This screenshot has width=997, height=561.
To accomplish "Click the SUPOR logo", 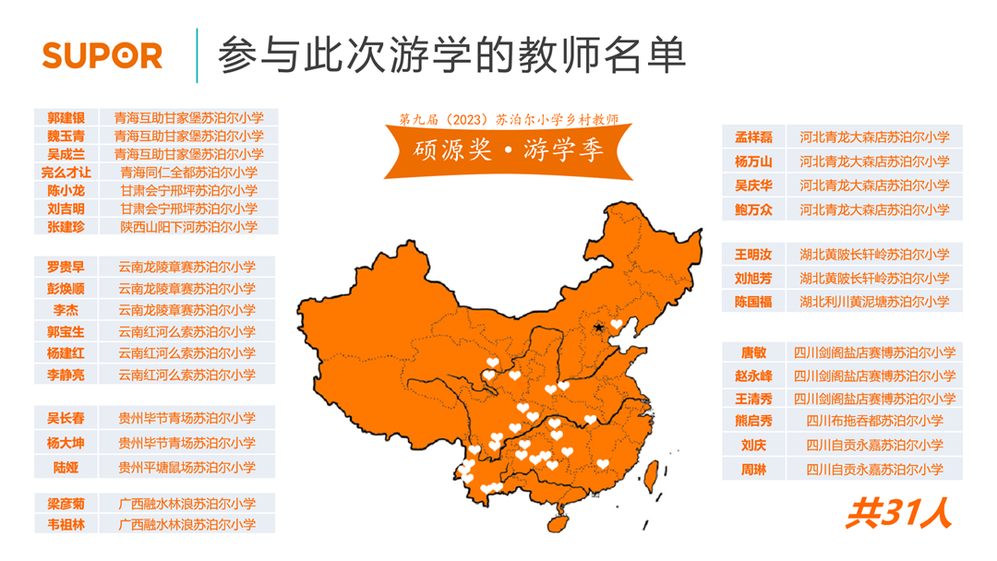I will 102,55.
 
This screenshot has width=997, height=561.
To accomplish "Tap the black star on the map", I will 599,328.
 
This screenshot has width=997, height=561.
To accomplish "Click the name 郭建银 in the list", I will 66,118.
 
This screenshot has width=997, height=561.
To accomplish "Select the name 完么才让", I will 66,173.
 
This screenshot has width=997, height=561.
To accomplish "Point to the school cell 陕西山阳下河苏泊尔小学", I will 188,226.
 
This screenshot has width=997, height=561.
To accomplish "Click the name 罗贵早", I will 66,267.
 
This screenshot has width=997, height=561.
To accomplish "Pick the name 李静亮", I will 66,375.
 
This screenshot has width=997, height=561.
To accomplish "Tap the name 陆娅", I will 66,467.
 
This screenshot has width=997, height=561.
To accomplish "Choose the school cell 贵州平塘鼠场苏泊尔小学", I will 187,467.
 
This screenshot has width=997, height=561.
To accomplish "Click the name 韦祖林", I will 66,524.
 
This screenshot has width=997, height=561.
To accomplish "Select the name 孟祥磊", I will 753,137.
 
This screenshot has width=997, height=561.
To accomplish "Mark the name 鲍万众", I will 753,209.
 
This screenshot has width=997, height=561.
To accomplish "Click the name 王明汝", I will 753,254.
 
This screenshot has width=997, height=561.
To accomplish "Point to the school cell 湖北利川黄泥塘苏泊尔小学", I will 874,302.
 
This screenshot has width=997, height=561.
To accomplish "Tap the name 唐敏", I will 753,352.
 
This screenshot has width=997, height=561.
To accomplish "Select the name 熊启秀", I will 753,421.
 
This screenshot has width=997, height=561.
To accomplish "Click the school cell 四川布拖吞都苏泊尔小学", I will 874,421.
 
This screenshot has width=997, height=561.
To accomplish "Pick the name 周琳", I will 753,470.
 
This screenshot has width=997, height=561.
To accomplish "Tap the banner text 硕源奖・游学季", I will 509,149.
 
